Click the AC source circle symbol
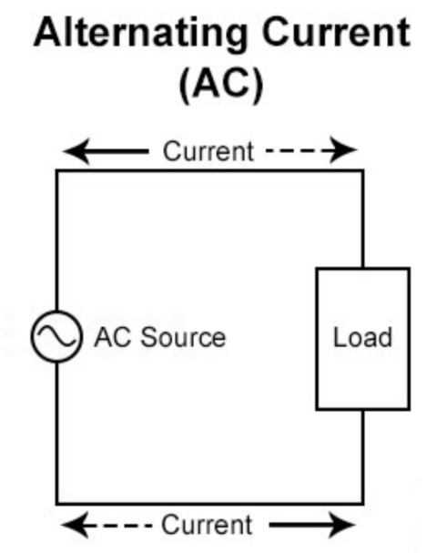click(56, 338)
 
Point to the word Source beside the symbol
click(178, 338)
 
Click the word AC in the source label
click(110, 338)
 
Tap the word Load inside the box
click(362, 338)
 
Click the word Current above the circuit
click(208, 150)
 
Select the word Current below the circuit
click(206, 525)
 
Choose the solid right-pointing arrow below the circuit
click(310, 525)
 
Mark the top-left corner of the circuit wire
click(57, 170)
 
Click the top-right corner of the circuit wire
click(362, 170)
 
